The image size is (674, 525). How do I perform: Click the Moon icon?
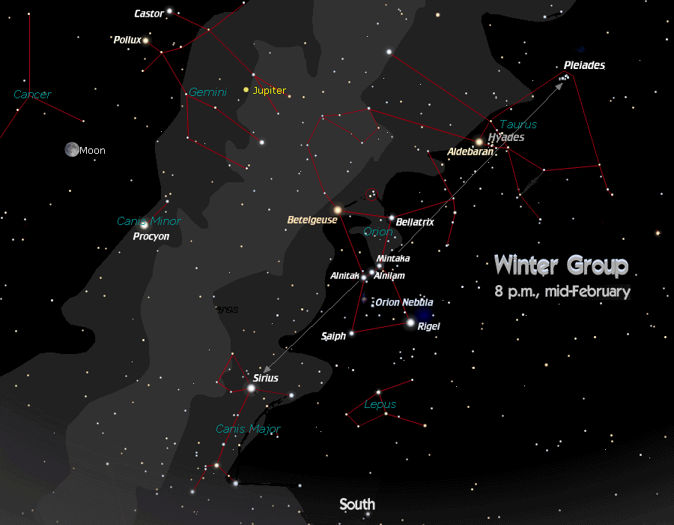(x=72, y=149)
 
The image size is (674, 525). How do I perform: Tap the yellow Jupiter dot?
(x=246, y=90)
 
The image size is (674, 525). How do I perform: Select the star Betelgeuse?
(x=338, y=210)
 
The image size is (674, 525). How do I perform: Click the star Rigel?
(x=410, y=322)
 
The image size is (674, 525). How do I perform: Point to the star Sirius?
(x=251, y=388)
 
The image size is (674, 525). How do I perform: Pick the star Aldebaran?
(x=479, y=141)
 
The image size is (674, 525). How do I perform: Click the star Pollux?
(x=146, y=40)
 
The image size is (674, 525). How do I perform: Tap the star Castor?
(x=170, y=11)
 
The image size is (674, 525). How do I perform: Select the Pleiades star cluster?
(x=565, y=76)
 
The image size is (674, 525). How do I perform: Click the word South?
(x=356, y=504)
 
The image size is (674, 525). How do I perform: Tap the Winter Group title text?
(x=561, y=265)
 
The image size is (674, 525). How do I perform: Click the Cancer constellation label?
(x=32, y=94)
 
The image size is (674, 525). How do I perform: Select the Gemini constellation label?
(x=207, y=92)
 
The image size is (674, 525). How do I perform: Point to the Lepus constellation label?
(x=380, y=404)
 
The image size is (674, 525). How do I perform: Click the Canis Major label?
(x=248, y=429)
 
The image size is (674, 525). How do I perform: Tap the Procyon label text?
(x=151, y=236)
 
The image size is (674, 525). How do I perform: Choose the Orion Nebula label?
(x=404, y=302)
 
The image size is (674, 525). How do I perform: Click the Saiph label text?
(x=333, y=336)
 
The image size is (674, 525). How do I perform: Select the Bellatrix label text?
(x=415, y=222)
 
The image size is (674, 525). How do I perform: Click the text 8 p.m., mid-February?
(x=562, y=291)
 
